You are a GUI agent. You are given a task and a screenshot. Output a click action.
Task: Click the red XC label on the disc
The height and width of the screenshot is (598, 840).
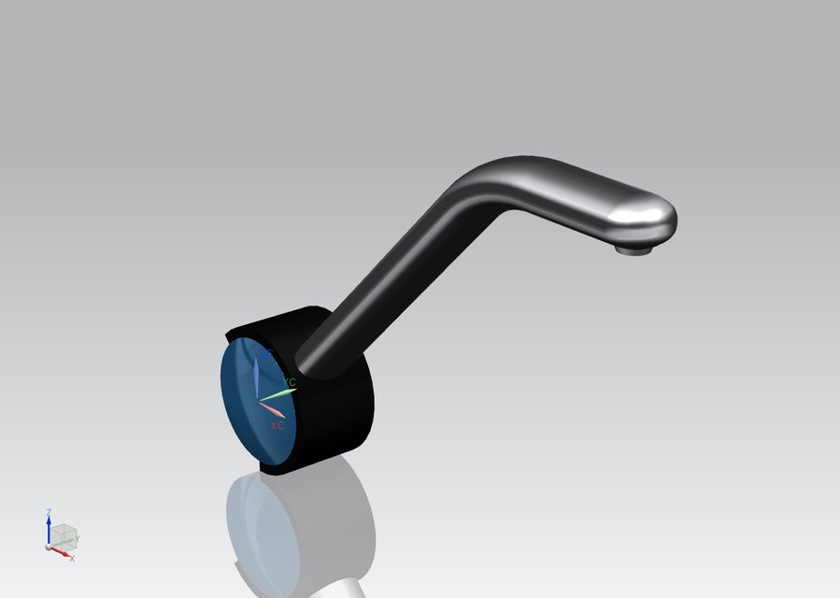[278, 425]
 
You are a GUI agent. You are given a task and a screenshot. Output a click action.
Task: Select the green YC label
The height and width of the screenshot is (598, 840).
[290, 382]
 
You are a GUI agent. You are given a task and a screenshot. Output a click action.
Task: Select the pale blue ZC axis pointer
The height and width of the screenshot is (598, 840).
[256, 376]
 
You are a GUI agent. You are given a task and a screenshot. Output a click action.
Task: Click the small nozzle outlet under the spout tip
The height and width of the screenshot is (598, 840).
[634, 249]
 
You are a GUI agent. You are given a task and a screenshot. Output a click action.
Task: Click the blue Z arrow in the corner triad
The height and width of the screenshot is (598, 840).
[49, 529]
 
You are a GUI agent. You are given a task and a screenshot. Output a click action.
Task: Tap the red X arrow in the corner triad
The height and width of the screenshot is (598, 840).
[61, 552]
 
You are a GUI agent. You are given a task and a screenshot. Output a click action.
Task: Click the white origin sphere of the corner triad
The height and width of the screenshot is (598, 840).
[49, 547]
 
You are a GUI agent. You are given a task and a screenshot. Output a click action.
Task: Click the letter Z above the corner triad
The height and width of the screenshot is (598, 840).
[49, 512]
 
